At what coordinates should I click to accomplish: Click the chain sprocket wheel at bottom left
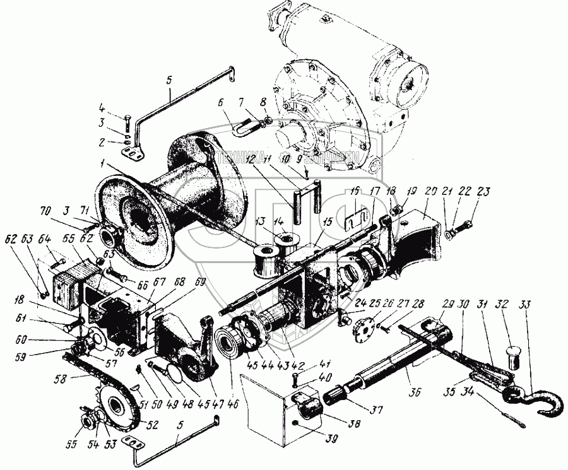pos(117,407)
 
